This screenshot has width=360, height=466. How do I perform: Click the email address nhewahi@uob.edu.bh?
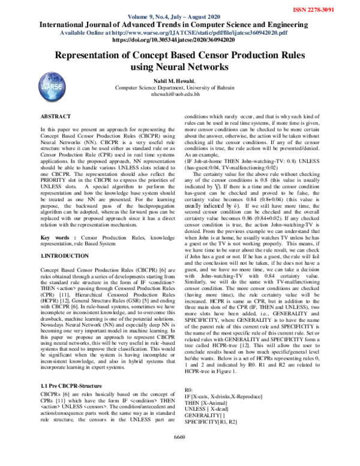click(x=179, y=94)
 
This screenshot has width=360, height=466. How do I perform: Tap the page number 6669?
click(x=179, y=452)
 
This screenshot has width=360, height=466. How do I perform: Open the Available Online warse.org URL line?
click(x=179, y=32)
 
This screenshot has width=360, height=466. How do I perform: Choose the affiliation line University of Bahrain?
click(x=179, y=87)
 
